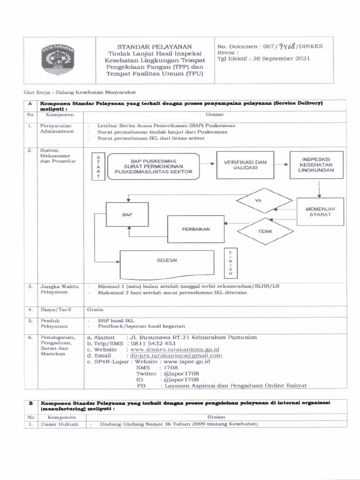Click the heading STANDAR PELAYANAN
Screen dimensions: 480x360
tap(154, 47)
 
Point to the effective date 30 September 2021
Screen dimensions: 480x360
tap(278, 59)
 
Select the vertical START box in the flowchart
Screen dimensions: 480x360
tap(98, 167)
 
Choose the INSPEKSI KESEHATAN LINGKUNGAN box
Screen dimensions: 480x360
tap(318, 165)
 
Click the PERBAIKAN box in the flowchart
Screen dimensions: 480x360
tap(196, 229)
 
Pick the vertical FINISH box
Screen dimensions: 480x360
tap(230, 262)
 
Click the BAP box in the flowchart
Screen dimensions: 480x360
tap(127, 215)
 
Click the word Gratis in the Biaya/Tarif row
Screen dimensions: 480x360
tap(92, 309)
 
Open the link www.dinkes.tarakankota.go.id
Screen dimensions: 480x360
tap(175, 350)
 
